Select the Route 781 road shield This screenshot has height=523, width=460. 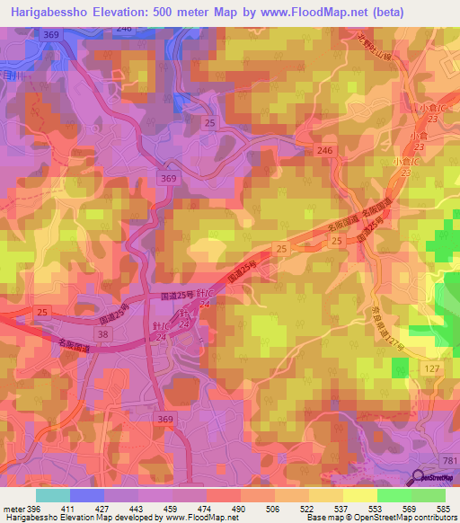449,461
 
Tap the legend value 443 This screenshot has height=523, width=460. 138,508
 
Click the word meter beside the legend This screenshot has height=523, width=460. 13,508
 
